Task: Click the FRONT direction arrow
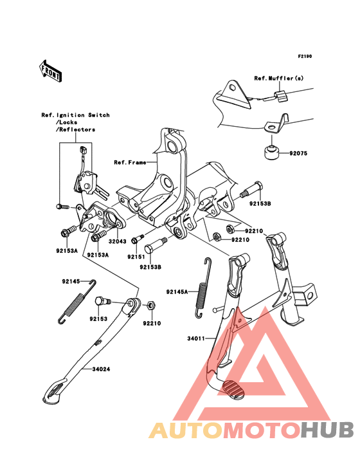click(50, 71)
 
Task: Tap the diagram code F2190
click(305, 56)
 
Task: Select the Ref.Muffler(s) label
click(279, 78)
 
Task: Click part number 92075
click(298, 153)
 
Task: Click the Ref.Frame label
click(130, 163)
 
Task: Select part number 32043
click(117, 241)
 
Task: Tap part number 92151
click(136, 257)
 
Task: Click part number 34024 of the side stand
click(101, 369)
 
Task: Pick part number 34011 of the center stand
click(196, 338)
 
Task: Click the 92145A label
click(177, 291)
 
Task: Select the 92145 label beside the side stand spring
click(71, 281)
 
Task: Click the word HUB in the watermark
click(328, 430)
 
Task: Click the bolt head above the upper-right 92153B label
click(258, 186)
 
